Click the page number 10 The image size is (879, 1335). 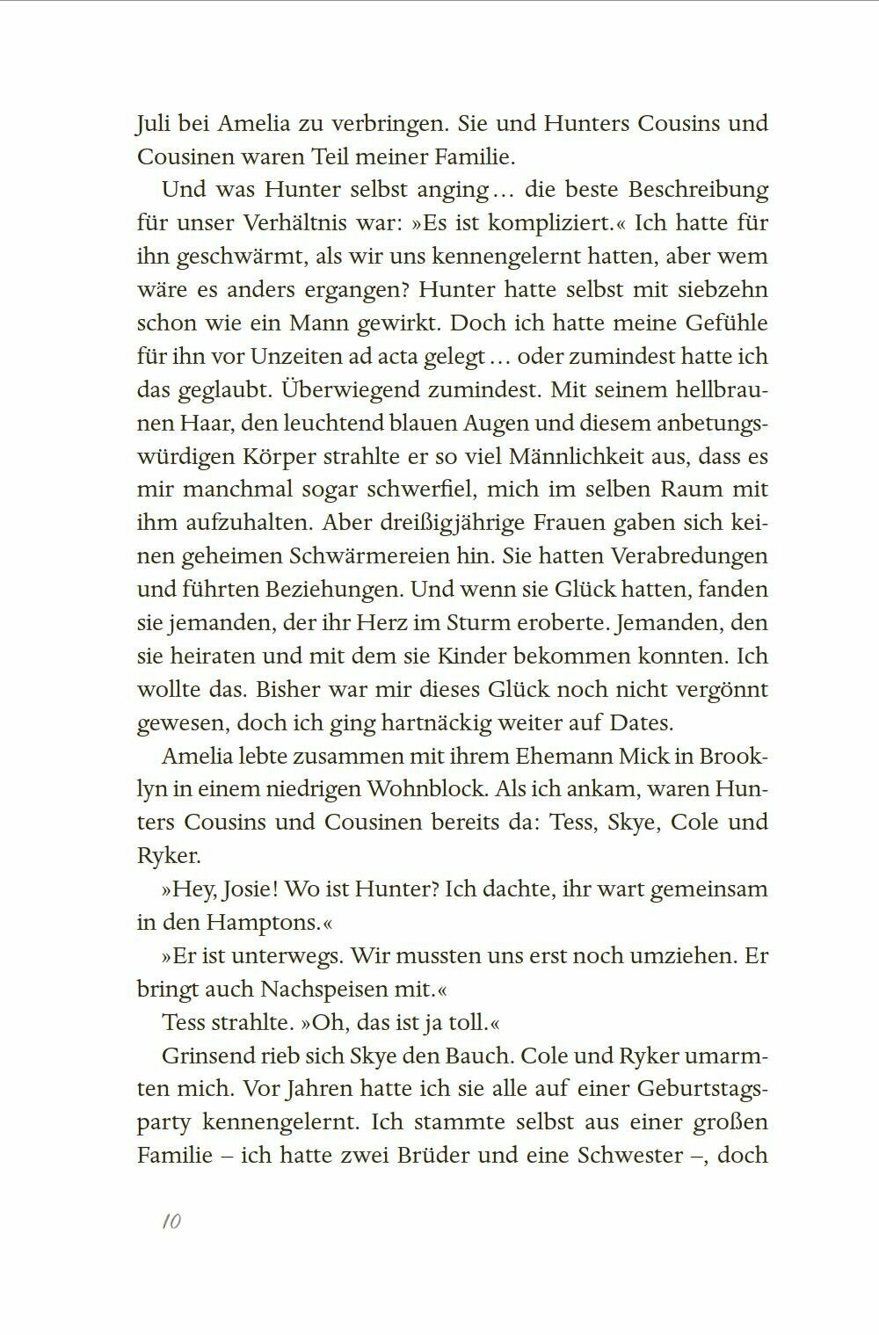click(171, 1221)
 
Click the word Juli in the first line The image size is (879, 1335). click(154, 123)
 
